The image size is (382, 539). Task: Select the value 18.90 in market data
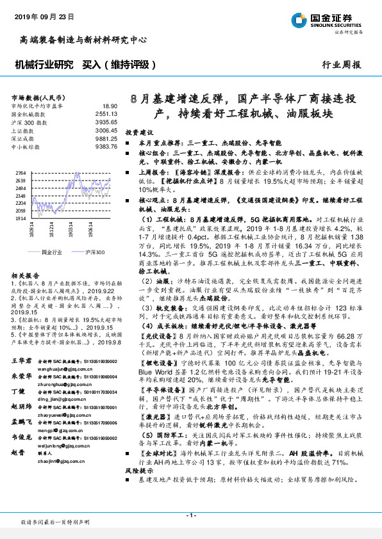click(x=109, y=106)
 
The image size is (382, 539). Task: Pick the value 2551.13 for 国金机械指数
click(x=106, y=113)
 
